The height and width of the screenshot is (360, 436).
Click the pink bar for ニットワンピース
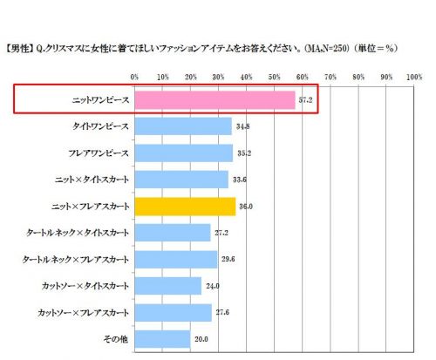tap(215, 100)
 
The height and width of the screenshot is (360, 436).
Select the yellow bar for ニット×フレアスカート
tap(185, 207)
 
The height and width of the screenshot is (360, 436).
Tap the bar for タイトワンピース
tap(183, 126)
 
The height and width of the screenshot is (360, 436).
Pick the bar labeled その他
tap(162, 339)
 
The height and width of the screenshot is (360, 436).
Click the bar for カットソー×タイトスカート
tap(168, 286)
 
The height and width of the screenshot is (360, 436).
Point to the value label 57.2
tap(305, 100)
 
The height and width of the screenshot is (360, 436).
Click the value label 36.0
tap(246, 207)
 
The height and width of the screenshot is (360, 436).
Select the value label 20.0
tap(201, 339)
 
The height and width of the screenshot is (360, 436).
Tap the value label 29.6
tap(228, 259)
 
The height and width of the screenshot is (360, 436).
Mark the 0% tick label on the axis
tap(134, 77)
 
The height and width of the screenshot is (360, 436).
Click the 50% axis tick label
tap(275, 77)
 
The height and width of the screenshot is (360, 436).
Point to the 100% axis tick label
tap(414, 77)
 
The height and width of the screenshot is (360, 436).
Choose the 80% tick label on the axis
tap(358, 77)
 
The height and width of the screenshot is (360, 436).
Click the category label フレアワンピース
tap(99, 153)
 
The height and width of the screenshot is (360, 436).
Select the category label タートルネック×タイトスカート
tap(78, 233)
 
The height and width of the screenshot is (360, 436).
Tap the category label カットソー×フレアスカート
tap(83, 313)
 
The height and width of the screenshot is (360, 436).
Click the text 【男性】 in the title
tap(19, 49)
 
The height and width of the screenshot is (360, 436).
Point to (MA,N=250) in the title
tap(326, 49)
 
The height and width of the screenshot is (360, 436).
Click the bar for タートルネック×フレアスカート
tap(176, 259)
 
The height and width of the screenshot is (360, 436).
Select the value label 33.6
tap(240, 180)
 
